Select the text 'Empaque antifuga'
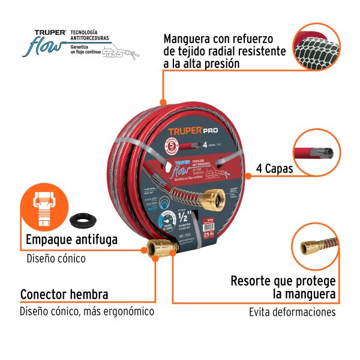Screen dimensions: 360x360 tap(71, 241)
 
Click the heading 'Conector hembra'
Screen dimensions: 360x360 tap(64, 295)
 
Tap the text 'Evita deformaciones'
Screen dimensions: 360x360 tap(292, 312)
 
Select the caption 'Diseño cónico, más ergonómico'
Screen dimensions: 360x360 tap(87, 311)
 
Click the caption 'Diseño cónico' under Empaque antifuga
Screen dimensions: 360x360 tap(56, 259)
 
